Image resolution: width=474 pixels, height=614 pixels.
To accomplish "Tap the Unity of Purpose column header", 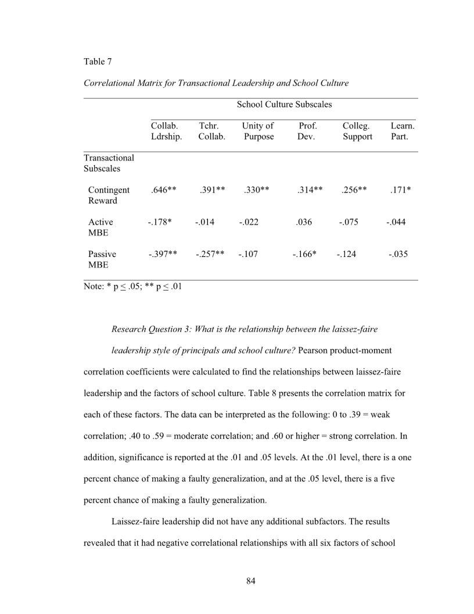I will [x=258, y=131].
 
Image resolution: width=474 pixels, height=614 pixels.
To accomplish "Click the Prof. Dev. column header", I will [x=307, y=131].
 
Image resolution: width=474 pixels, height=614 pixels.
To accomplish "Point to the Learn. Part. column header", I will [x=402, y=131].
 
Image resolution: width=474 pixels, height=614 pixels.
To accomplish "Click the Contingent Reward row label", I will [x=108, y=195].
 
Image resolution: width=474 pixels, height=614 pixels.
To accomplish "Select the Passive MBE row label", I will [x=102, y=259].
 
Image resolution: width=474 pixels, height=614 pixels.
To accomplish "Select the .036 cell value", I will [x=304, y=222].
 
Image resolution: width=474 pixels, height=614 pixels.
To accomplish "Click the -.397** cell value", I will [x=162, y=254].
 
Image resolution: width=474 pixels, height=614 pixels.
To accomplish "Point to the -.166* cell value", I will [x=304, y=254].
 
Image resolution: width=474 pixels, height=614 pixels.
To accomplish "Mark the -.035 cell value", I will [x=398, y=254].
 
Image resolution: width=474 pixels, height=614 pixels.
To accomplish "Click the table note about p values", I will [x=132, y=286].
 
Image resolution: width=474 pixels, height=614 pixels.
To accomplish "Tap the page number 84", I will [x=250, y=581].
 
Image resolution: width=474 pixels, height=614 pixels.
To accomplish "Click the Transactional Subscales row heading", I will [x=109, y=163].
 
